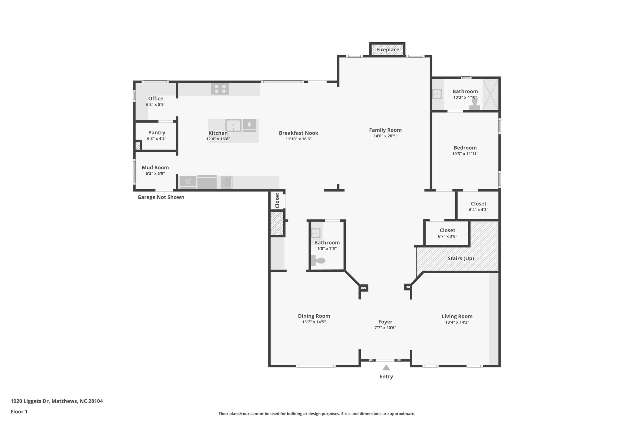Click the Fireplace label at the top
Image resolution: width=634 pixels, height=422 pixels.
point(388,49)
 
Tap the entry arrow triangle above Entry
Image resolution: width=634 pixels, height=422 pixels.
point(386,368)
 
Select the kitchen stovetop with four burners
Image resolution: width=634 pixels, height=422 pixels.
point(220,89)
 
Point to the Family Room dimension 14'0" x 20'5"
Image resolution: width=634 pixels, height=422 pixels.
point(385,136)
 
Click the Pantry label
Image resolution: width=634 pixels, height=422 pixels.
point(157,133)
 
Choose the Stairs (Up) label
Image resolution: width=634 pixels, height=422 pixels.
point(461,258)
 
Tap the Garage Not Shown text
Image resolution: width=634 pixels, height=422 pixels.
point(161,197)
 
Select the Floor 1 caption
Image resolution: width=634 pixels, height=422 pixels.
point(19,412)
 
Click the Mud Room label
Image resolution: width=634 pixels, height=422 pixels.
point(155,168)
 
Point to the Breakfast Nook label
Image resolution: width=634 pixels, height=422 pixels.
point(298,133)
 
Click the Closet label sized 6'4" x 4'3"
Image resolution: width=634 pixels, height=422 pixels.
point(478,204)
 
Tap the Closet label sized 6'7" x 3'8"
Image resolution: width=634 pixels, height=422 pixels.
point(447,230)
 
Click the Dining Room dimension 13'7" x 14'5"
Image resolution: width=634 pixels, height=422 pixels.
point(314,322)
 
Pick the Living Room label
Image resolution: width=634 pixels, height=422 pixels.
point(457,316)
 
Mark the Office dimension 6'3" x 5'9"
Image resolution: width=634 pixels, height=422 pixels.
point(155,104)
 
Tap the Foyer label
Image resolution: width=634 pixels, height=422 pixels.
point(385,322)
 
